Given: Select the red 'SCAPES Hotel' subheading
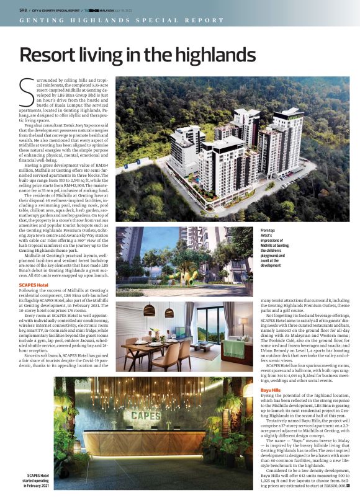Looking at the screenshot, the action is (35, 283).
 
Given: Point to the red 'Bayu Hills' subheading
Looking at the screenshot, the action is (271, 390).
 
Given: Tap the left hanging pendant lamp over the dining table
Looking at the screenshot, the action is (150, 311).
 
